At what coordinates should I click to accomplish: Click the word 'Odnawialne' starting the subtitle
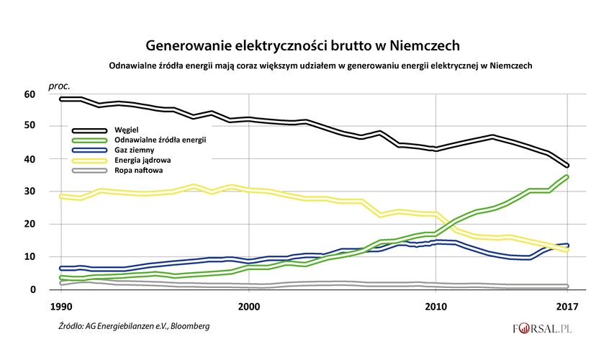tap(131, 66)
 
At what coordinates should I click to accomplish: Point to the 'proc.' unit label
tap(59, 86)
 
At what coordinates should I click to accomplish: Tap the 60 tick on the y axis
tap(29, 94)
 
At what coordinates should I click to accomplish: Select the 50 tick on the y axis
tap(29, 126)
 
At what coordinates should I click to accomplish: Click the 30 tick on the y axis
tap(29, 192)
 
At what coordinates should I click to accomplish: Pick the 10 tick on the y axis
tap(29, 257)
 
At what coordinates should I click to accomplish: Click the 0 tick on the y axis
tap(32, 289)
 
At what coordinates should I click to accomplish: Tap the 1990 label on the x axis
tap(60, 305)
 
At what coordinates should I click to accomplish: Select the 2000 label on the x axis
tap(249, 305)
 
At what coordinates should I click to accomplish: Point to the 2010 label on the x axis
tap(436, 305)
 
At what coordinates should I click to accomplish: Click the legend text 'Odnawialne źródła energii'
tap(160, 139)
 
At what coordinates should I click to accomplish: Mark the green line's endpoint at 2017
tap(567, 176)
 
